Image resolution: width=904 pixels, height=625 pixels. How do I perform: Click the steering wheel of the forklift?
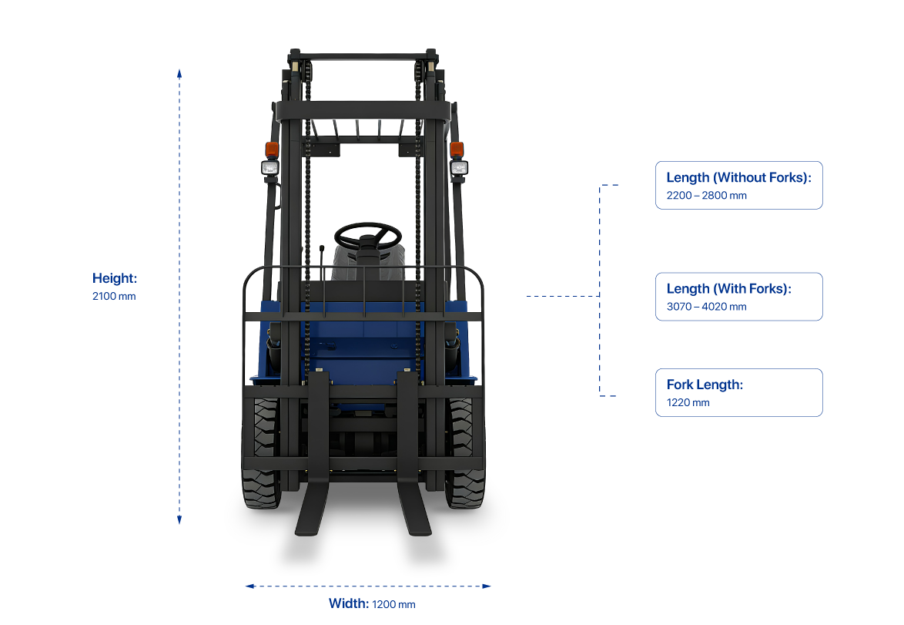[368, 234]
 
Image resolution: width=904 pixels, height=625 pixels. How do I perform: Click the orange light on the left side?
[271, 149]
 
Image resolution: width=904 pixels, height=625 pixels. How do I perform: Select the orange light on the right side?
[457, 149]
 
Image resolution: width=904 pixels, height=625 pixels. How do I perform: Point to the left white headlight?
[270, 167]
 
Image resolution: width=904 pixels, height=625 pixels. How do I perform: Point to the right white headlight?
[458, 167]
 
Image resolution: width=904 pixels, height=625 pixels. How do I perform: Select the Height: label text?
[115, 278]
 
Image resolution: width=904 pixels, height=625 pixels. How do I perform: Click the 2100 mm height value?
[114, 296]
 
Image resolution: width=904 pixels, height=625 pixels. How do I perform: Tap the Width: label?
[348, 603]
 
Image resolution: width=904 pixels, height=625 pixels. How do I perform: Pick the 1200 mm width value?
[393, 604]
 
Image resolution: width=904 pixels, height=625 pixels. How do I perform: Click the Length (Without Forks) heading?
[738, 178]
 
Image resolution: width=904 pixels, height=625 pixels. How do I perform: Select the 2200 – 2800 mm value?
[706, 196]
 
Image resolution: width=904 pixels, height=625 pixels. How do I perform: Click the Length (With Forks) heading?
[728, 289]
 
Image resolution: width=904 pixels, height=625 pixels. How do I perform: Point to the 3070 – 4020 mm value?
[706, 307]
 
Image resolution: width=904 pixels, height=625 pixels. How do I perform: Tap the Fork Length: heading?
[705, 385]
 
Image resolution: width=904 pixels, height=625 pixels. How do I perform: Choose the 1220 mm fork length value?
[688, 402]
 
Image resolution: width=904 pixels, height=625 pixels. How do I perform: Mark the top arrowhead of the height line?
[179, 72]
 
